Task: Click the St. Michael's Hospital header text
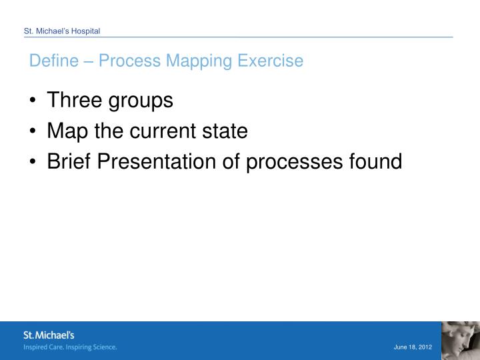[62, 31]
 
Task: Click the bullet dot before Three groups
[33, 101]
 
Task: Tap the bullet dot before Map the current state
[33, 132]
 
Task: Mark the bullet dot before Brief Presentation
[33, 162]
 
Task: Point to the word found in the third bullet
[377, 162]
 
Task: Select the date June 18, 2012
[413, 347]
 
